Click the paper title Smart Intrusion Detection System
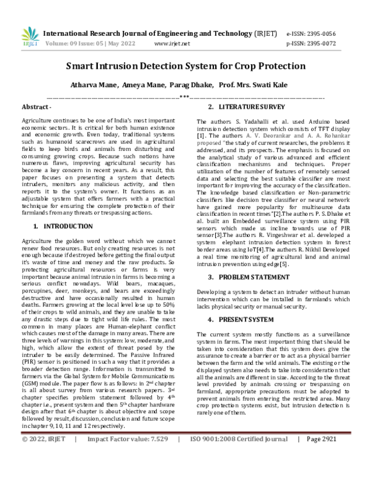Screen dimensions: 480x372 point(186,66)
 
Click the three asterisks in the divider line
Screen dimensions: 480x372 point(184,96)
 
